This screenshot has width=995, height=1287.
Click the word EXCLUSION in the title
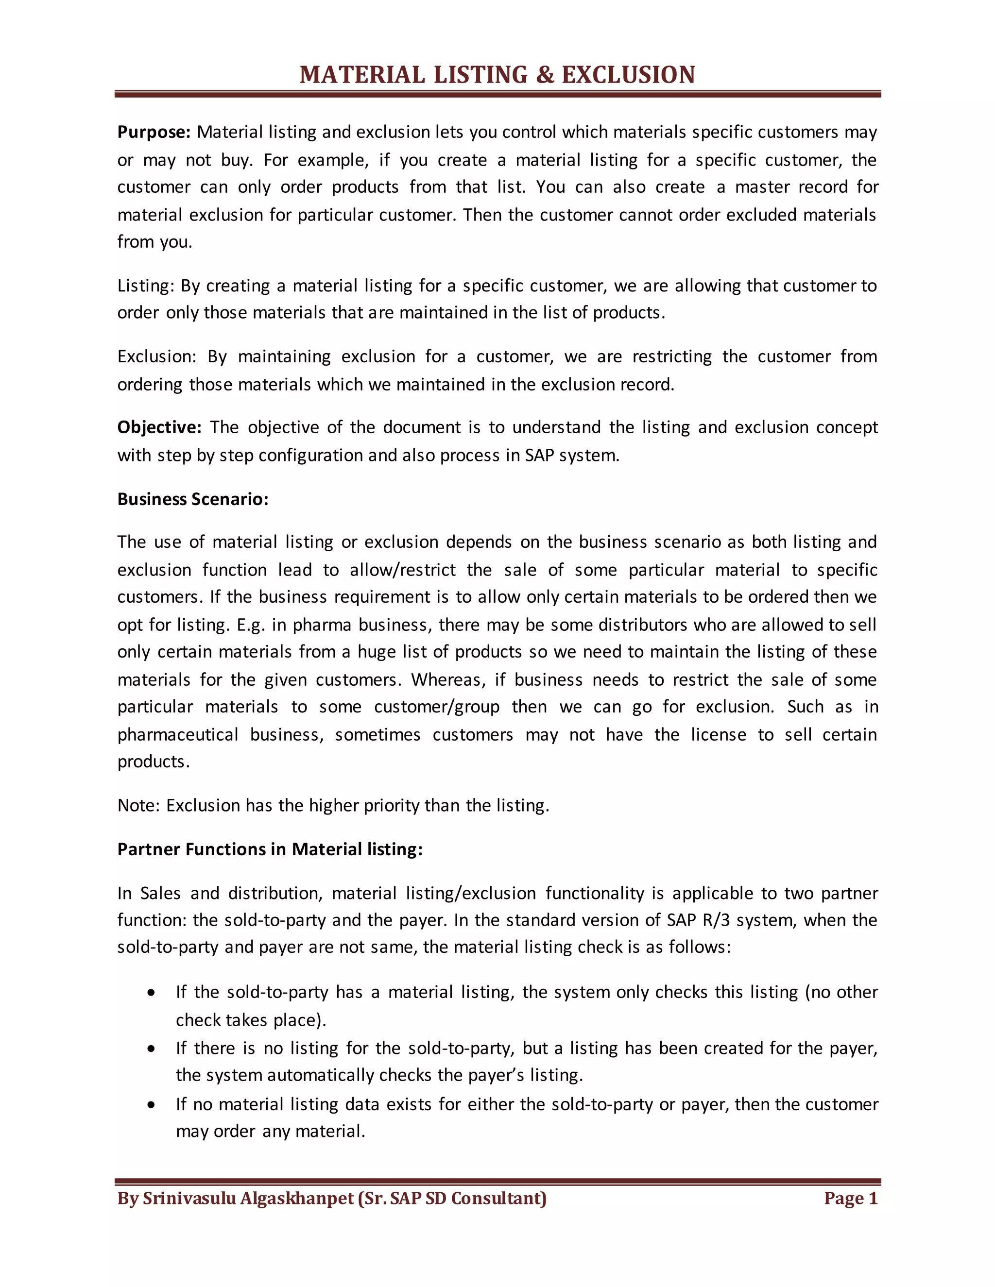[x=628, y=75]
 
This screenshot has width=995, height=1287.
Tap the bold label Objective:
[x=159, y=427]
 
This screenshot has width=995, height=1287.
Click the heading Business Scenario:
[x=193, y=499]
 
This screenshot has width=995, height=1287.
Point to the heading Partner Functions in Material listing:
[x=270, y=849]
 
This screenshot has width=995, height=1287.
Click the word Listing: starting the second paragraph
[x=146, y=286]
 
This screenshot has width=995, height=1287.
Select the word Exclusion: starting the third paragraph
[x=156, y=356]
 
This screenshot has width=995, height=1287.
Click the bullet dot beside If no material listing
[x=152, y=1105]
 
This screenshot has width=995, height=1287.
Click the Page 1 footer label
[x=851, y=1198]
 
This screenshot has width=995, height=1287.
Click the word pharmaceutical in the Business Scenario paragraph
[x=177, y=735]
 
